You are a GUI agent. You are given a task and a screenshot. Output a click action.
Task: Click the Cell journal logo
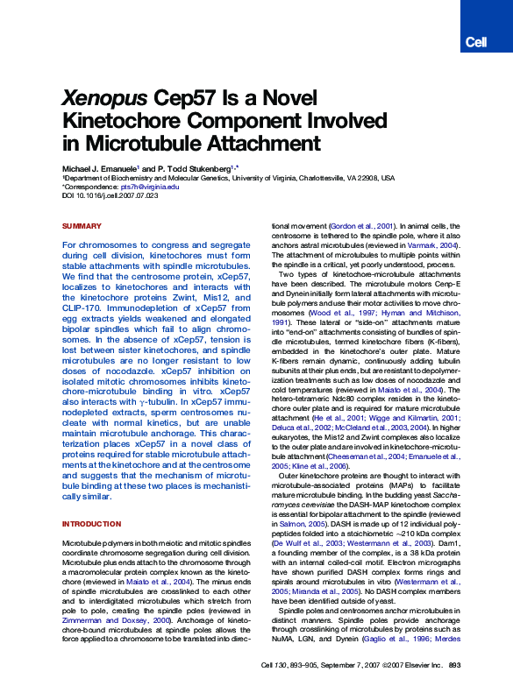tap(476, 42)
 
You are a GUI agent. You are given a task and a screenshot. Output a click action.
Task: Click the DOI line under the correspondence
tap(110, 195)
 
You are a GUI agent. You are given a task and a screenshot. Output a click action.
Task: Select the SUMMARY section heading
tap(82, 226)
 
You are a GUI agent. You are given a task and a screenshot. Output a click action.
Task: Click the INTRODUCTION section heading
tap(91, 524)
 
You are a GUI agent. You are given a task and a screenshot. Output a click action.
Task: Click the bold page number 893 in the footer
tap(454, 666)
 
